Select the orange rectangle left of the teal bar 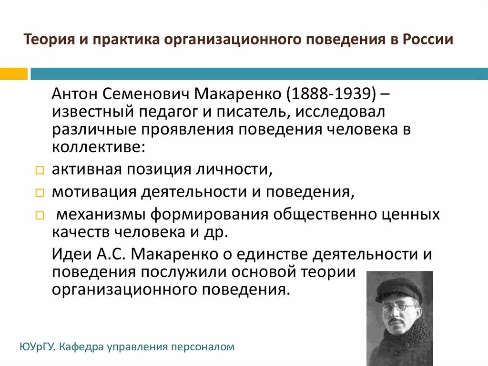14,74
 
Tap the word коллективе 97,146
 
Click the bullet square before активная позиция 40,170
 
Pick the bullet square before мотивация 40,193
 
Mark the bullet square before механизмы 40,215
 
